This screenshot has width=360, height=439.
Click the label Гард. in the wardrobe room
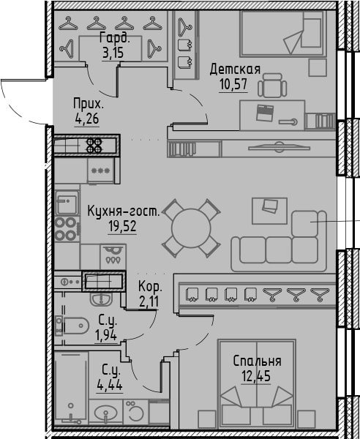114,38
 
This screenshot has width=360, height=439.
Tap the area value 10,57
233,85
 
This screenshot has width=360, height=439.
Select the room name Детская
235,70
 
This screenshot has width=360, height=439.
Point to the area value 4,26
87,119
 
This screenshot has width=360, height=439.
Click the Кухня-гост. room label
124,211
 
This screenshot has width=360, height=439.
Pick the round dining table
191,228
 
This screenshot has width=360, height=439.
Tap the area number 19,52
123,227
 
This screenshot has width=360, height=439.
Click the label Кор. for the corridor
150,287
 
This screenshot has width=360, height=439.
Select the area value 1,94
106,336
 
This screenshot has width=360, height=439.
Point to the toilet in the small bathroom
72,326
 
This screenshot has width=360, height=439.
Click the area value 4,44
110,386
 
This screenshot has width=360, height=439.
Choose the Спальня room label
258,361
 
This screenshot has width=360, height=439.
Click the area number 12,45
256,376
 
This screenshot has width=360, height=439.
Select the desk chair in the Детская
272,86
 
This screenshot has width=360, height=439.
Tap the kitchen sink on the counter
67,203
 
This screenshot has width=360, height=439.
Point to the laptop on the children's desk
265,113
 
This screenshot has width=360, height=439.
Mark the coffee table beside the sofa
269,211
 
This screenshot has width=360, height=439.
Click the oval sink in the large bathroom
105,413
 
